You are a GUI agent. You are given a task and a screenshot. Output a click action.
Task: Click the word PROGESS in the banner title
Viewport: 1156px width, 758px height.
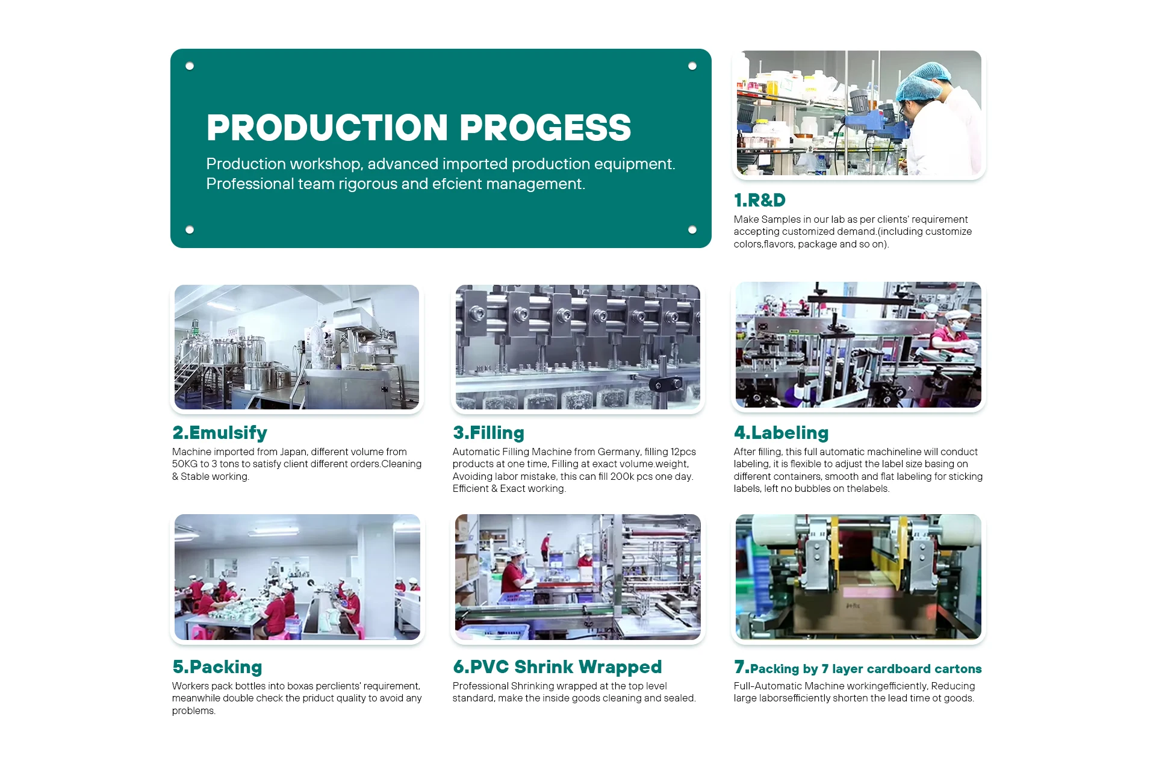tap(545, 128)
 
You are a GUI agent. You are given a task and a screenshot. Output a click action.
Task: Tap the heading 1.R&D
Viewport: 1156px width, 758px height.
tap(760, 200)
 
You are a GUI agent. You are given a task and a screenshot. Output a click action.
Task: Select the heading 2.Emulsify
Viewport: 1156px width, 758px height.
tap(220, 433)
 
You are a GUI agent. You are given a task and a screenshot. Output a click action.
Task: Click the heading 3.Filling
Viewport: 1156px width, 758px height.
tap(488, 433)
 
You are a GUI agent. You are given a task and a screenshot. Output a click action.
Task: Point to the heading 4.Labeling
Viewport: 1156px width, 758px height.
tap(781, 433)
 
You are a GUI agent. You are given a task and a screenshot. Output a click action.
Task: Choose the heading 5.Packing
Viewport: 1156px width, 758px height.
tap(217, 667)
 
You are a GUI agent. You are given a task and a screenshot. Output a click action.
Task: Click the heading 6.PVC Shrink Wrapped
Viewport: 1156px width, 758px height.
tap(557, 667)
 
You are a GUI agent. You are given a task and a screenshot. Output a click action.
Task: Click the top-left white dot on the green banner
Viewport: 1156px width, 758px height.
tap(190, 66)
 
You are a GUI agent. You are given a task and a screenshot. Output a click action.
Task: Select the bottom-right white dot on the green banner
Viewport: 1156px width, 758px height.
tap(692, 229)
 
